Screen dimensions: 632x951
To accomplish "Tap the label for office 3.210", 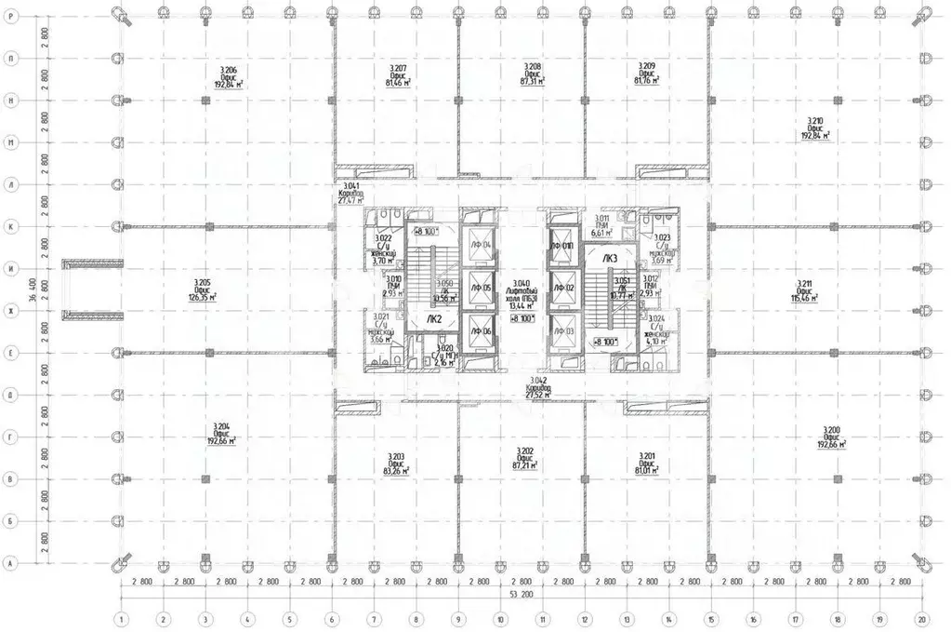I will pos(815,128).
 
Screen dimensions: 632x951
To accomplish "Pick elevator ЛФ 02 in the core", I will pos(564,289).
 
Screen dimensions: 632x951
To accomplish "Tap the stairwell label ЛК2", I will pos(434,318).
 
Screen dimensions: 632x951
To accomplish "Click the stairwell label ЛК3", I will pos(610,258).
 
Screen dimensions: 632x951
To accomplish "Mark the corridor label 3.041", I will pos(350,193).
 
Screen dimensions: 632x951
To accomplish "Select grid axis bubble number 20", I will pos(921,617).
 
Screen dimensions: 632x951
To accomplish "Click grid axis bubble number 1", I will pos(120,617).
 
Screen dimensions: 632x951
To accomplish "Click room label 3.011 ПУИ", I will pos(601,222).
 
